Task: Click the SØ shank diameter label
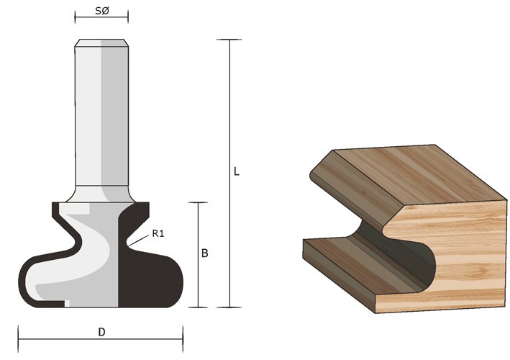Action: click(102, 11)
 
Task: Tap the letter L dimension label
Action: click(237, 171)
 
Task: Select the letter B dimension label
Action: click(205, 253)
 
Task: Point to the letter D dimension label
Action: click(102, 333)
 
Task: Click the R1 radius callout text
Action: click(158, 233)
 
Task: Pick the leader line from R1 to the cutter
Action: click(139, 240)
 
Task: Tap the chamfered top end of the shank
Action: click(101, 42)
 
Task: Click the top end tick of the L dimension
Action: click(229, 40)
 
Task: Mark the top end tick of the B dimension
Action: click(198, 202)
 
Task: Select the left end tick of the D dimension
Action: click(18, 339)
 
